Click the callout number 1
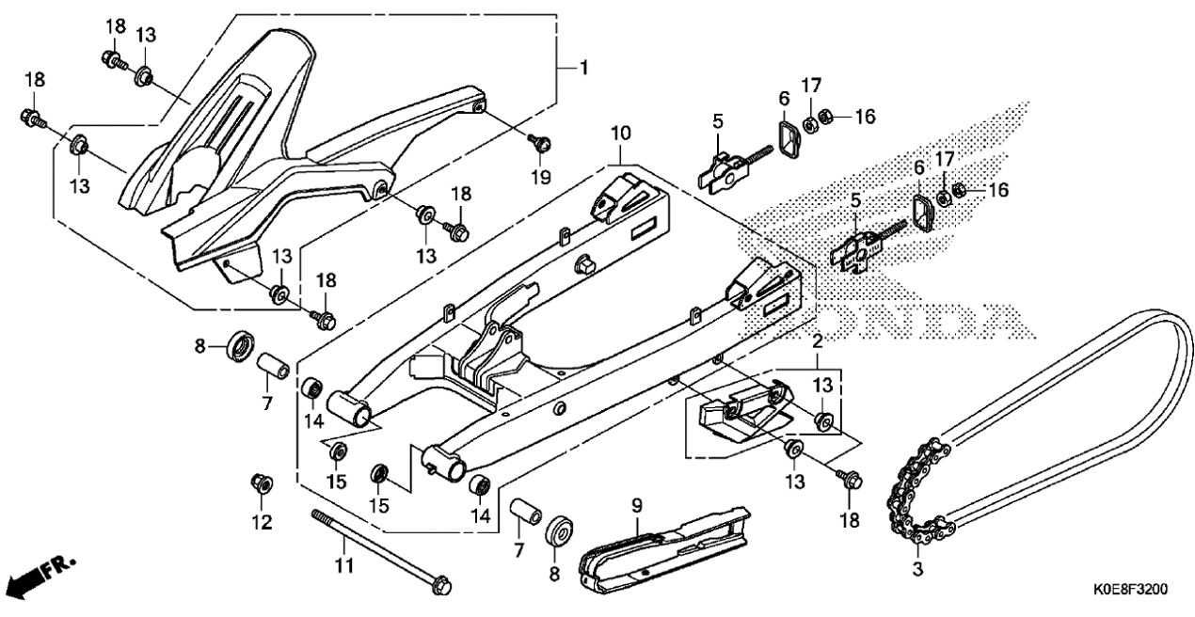583,68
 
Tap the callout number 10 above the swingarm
620,134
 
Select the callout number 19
540,176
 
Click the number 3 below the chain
917,568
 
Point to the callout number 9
637,506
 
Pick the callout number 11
344,564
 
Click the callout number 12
262,522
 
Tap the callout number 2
818,341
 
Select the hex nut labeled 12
262,483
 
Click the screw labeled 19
540,142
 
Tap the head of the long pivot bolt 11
440,586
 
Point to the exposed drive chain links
919,491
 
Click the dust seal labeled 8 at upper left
241,345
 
